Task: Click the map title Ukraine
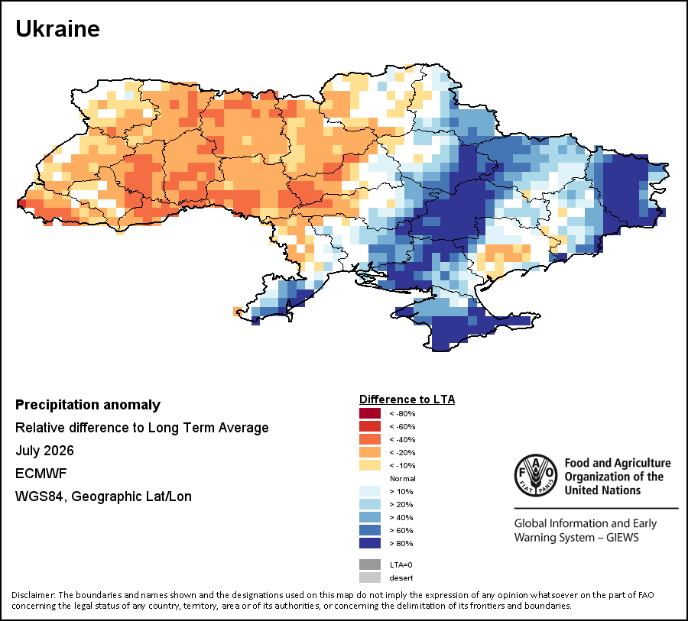click(x=57, y=29)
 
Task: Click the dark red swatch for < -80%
click(x=370, y=413)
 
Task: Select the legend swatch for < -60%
click(x=370, y=426)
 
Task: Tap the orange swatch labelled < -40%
click(x=370, y=439)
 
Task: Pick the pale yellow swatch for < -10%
click(x=370, y=465)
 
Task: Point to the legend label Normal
click(x=402, y=478)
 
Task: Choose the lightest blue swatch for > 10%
click(x=370, y=491)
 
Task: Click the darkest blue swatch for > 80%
click(x=370, y=543)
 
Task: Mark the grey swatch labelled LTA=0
click(x=370, y=564)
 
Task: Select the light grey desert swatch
click(x=370, y=577)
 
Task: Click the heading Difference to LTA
click(x=407, y=399)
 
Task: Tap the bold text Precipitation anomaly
click(x=88, y=405)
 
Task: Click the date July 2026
click(x=45, y=451)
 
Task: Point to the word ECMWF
click(x=41, y=474)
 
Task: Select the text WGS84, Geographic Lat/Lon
click(x=103, y=496)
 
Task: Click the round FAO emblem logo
click(x=536, y=475)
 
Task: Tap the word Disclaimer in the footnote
click(x=34, y=595)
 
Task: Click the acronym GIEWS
click(x=622, y=538)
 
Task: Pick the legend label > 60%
click(x=401, y=530)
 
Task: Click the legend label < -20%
click(x=402, y=453)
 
